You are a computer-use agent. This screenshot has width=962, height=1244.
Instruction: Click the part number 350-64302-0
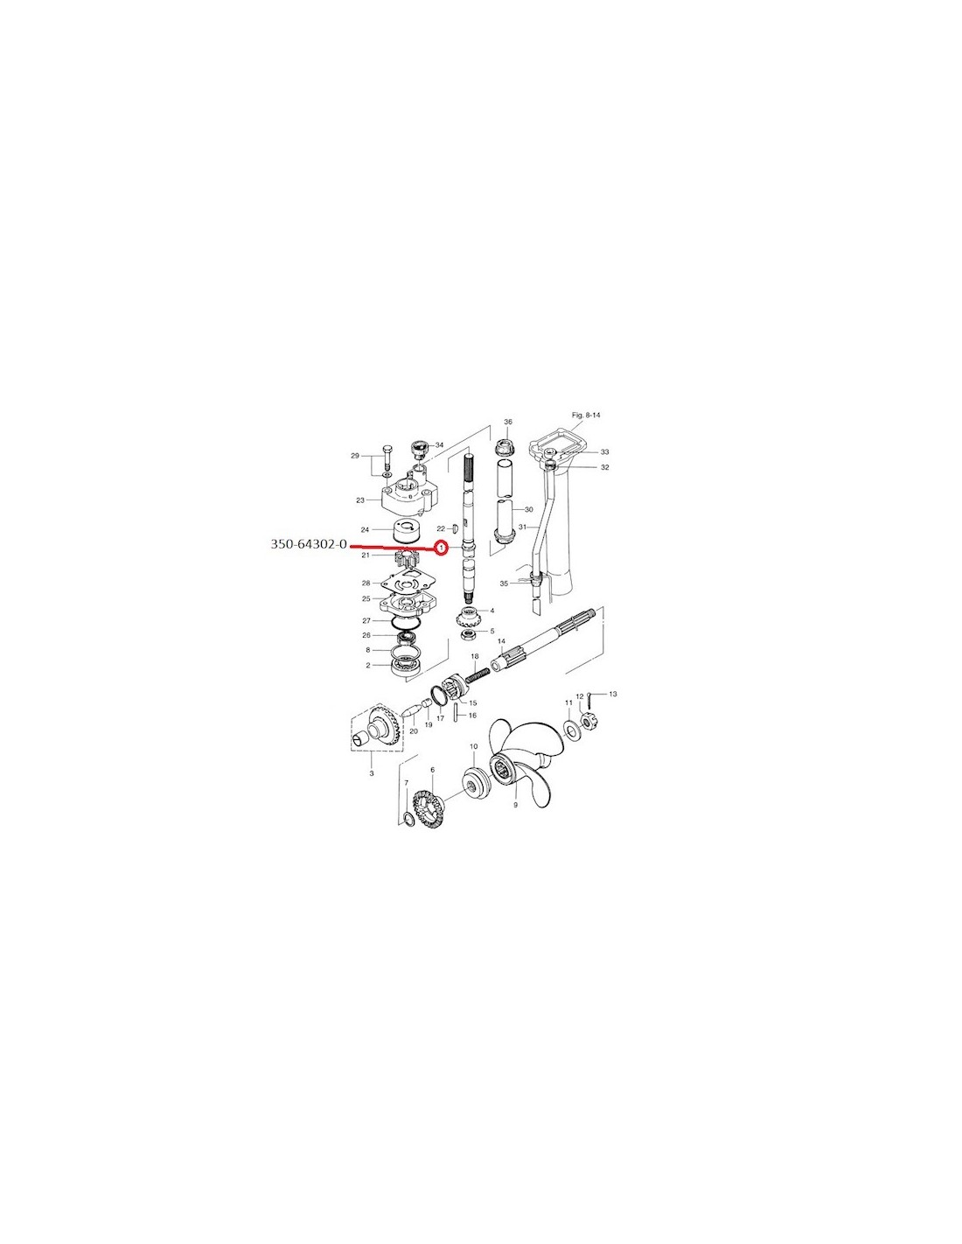pos(309,544)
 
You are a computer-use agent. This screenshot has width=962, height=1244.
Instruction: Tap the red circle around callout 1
pos(441,549)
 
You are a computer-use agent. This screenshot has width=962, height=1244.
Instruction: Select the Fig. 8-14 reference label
pos(586,415)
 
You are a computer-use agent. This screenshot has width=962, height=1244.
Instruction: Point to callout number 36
pos(507,422)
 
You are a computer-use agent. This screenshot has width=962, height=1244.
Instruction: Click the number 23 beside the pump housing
pos(360,500)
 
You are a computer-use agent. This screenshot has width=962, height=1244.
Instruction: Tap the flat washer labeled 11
pos(570,729)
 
